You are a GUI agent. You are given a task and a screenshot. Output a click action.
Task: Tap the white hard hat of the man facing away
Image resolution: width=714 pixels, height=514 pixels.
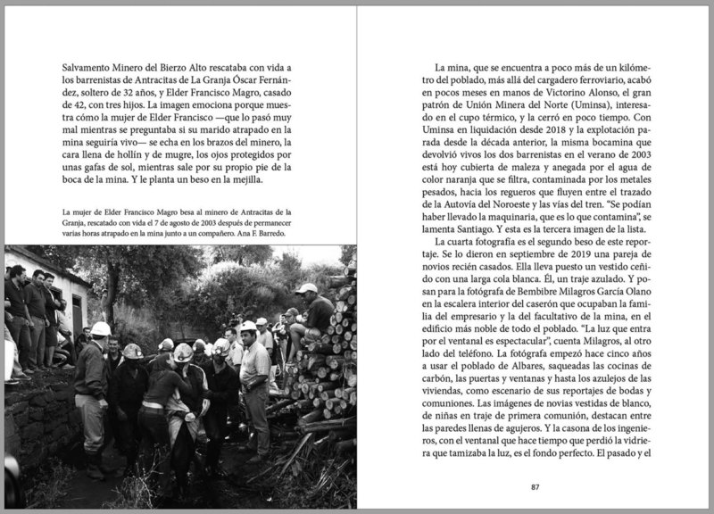coord(101,328)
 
